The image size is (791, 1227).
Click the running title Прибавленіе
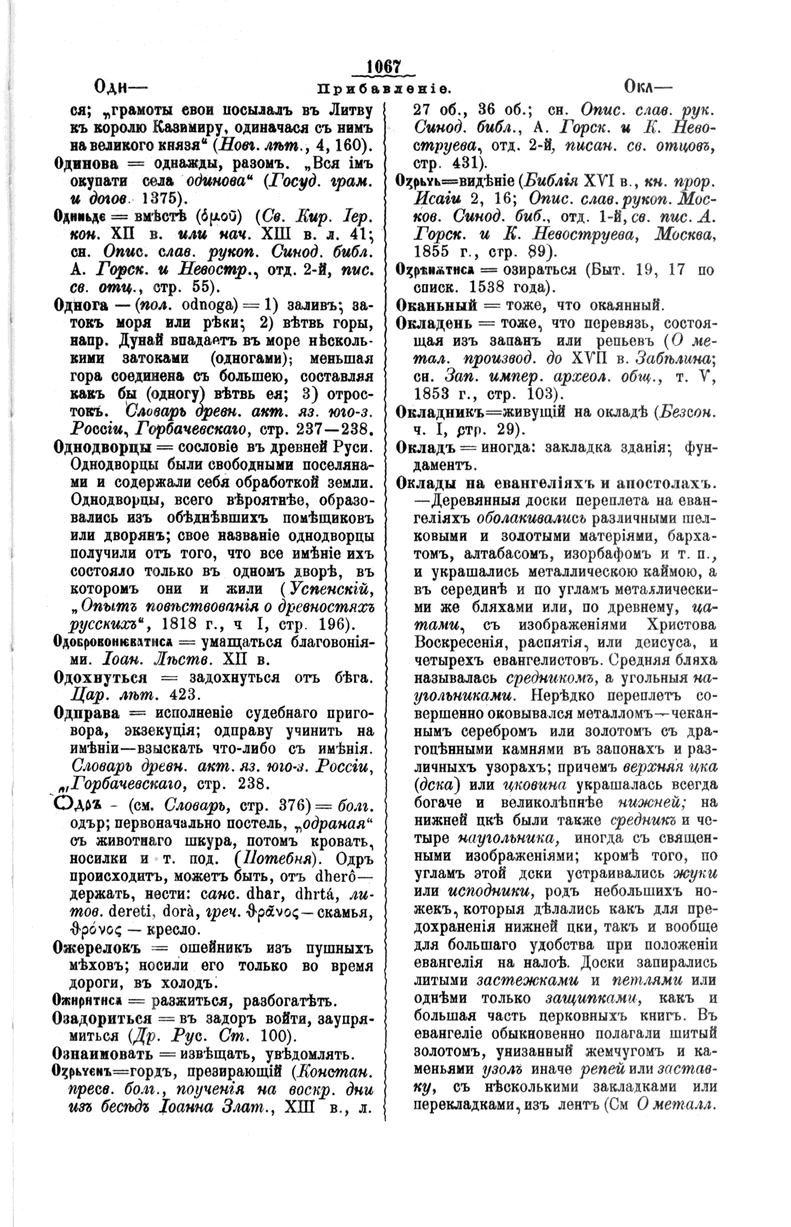click(x=384, y=89)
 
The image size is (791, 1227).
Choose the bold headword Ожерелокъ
click(x=99, y=948)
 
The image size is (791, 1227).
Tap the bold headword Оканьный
click(x=437, y=305)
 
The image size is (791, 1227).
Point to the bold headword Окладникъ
click(x=444, y=412)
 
